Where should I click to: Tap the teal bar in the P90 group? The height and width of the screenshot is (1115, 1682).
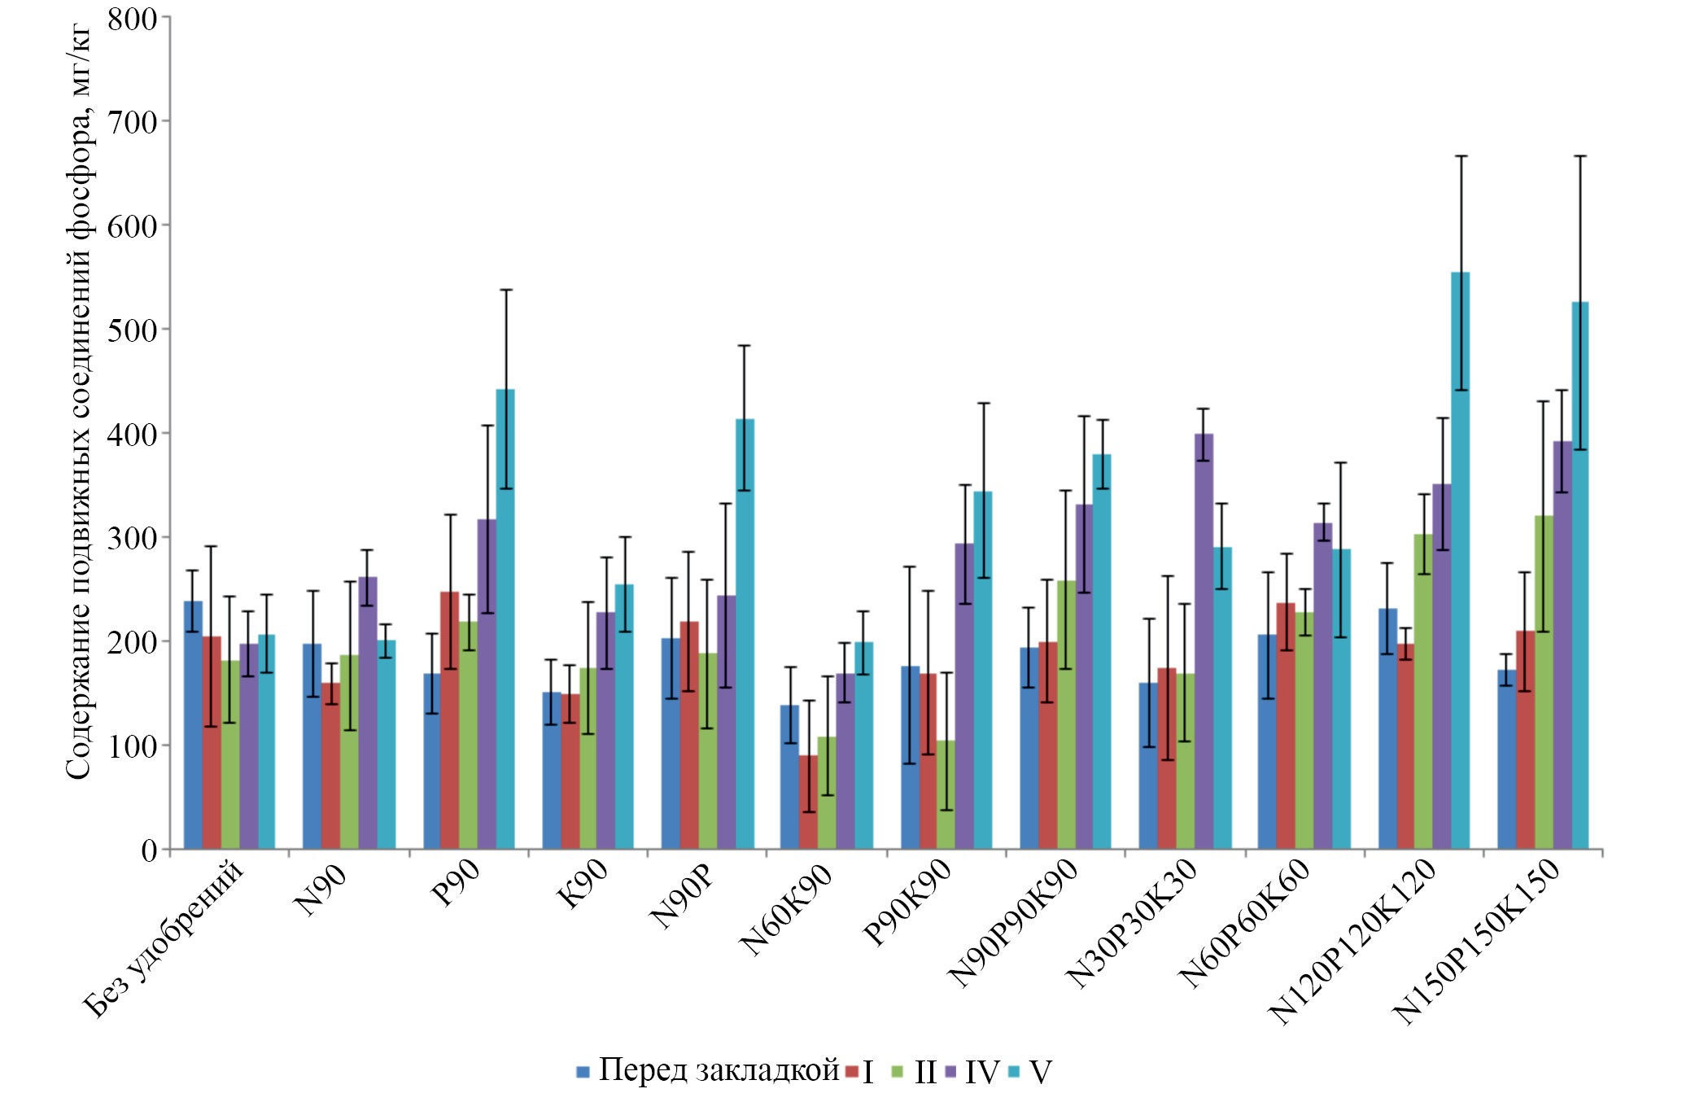[505, 619]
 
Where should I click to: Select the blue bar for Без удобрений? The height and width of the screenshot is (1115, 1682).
[193, 725]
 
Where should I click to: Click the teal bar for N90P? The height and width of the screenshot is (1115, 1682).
[745, 634]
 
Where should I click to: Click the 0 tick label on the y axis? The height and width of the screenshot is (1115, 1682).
[149, 850]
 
